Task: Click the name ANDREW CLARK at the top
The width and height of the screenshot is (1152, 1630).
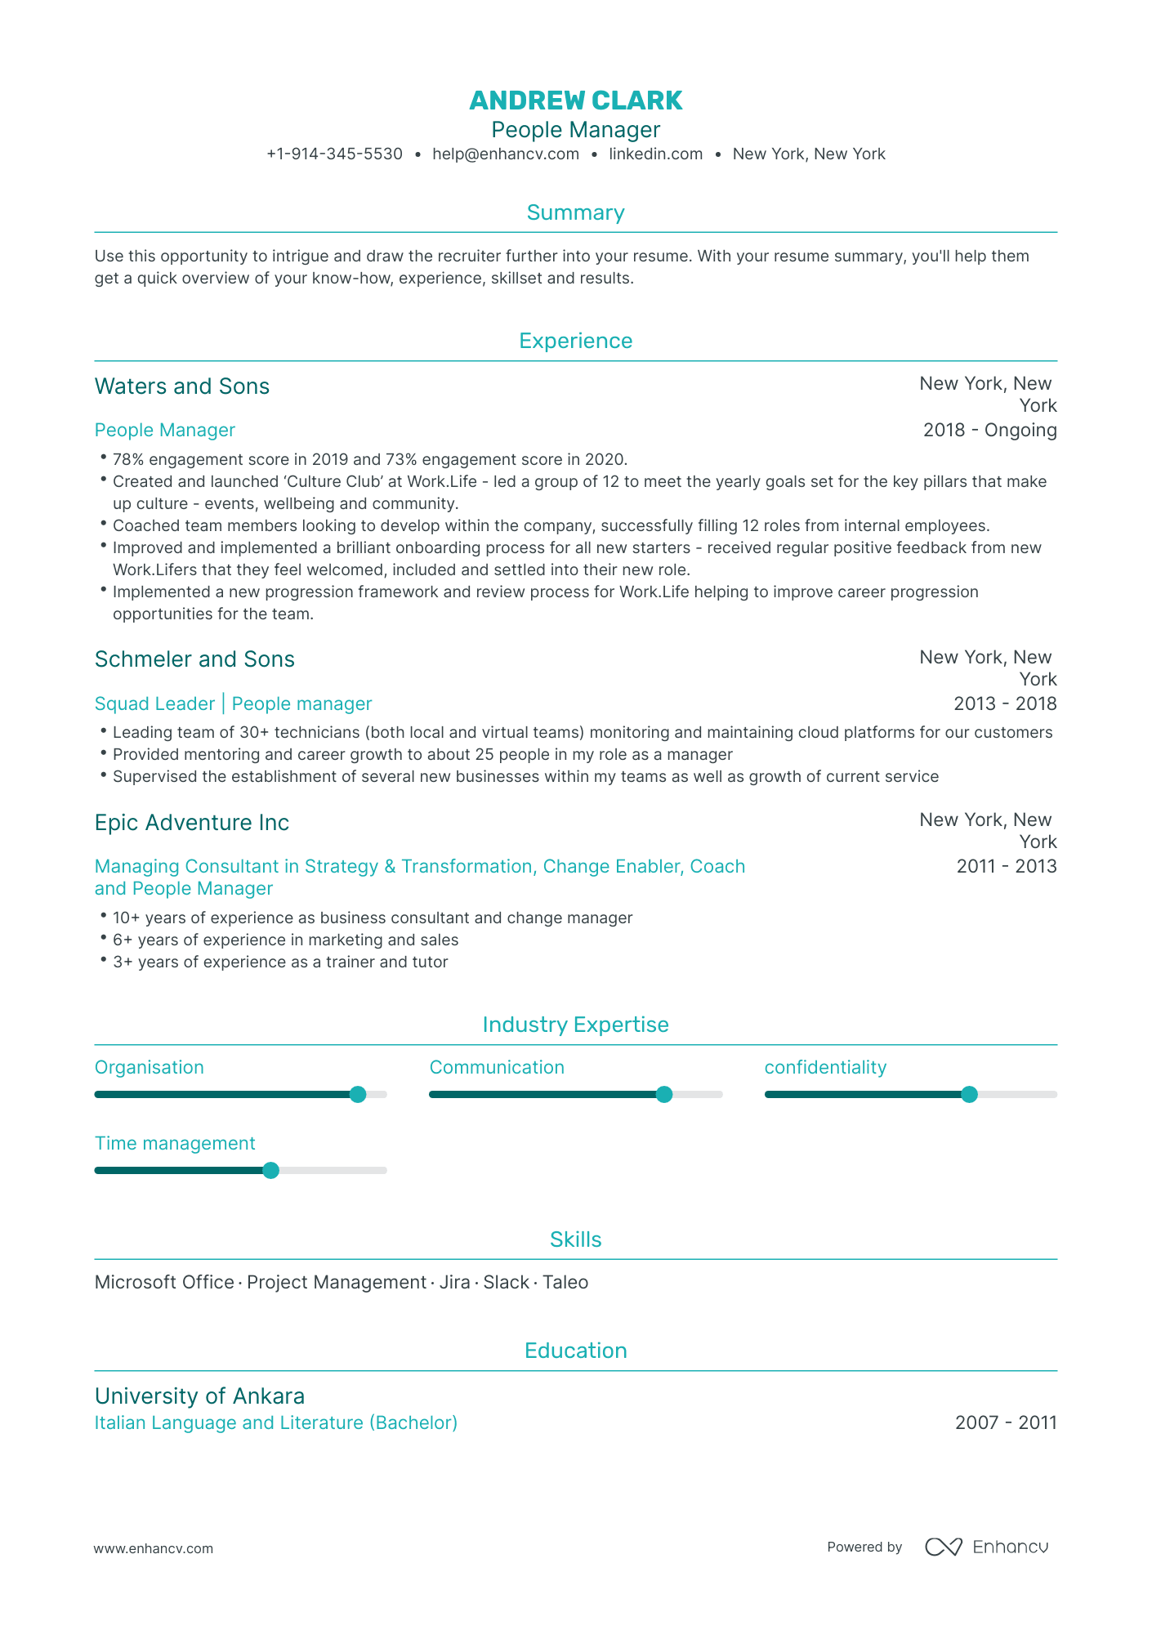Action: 575,100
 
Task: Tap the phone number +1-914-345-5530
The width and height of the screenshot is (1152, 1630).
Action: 334,154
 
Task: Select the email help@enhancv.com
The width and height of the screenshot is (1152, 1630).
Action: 505,154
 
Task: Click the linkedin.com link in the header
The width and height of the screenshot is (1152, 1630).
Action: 655,154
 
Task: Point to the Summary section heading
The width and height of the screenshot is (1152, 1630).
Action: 575,212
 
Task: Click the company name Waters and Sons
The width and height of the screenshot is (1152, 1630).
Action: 181,386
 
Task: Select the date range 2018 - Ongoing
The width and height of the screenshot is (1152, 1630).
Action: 989,431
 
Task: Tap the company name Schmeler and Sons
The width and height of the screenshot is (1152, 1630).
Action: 194,659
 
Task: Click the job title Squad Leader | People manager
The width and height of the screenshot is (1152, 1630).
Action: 233,703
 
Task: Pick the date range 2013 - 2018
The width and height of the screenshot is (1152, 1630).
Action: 1004,703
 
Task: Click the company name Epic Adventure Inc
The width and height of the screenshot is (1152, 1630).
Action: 191,823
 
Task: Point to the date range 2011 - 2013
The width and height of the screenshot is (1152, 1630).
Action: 1006,866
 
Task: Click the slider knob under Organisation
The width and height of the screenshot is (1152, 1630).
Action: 358,1095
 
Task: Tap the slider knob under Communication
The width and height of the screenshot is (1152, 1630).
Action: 664,1095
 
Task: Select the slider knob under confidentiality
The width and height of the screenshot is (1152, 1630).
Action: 969,1095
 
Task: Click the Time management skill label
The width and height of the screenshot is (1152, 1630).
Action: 175,1144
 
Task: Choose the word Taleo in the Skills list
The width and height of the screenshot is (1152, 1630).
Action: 565,1283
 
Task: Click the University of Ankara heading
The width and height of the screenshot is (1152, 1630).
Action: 199,1396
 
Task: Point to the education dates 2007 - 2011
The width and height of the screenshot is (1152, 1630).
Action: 1006,1423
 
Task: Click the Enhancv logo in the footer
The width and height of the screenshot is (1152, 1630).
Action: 986,1547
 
